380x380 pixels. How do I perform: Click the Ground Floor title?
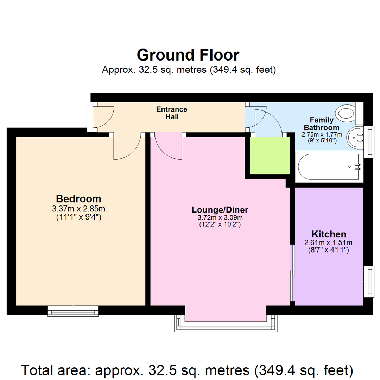(x=188, y=55)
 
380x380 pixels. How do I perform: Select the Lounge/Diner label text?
(x=220, y=210)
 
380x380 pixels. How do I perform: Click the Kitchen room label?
(x=329, y=234)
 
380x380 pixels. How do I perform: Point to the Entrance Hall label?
(x=172, y=113)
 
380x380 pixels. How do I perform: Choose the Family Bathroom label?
(x=321, y=124)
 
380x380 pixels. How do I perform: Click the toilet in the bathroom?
(x=346, y=114)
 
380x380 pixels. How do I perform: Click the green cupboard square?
(x=270, y=155)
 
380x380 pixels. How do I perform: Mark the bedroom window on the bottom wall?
(x=73, y=311)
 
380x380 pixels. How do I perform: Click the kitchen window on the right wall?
(x=368, y=281)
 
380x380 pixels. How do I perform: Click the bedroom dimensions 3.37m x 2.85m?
(x=78, y=209)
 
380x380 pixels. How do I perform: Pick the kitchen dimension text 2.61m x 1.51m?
(x=328, y=242)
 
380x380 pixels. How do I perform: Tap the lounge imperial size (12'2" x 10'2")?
(x=220, y=224)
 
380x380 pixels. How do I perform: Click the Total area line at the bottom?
(x=187, y=370)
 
